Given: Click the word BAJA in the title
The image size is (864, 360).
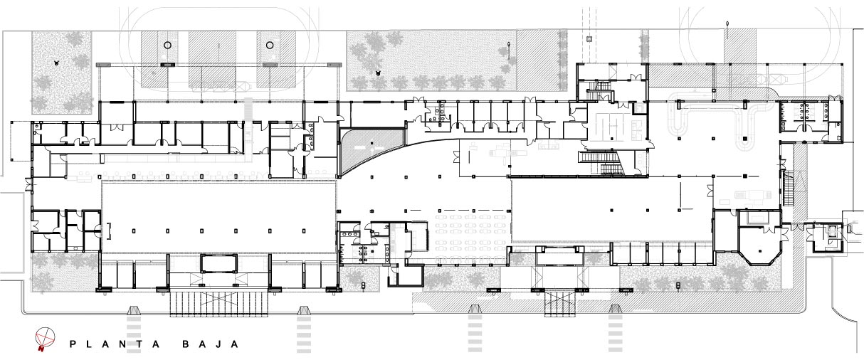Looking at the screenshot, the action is click(x=210, y=344).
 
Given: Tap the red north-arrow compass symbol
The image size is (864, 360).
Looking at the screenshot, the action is click(x=44, y=339).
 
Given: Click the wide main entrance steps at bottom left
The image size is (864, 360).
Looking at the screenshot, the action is click(x=219, y=304).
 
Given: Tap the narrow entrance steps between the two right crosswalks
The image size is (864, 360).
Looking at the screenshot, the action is click(x=559, y=303).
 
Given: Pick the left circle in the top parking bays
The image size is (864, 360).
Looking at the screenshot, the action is click(x=167, y=45).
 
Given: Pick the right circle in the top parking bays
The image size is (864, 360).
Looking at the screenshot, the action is click(x=270, y=45).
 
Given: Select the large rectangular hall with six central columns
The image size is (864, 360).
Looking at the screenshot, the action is click(x=218, y=218).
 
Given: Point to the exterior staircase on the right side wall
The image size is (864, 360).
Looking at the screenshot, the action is click(x=788, y=189).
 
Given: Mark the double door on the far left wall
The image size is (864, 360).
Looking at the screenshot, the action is click(x=29, y=184).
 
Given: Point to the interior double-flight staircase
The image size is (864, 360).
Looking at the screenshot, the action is click(x=601, y=163).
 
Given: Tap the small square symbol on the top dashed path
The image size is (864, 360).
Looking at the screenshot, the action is click(x=589, y=38).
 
